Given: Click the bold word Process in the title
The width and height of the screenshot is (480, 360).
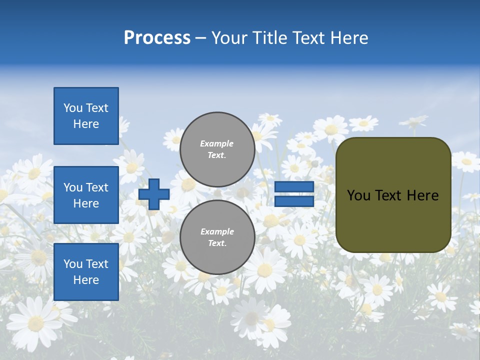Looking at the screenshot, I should pos(157,38).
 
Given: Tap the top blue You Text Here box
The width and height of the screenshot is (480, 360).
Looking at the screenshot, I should pos(86,116).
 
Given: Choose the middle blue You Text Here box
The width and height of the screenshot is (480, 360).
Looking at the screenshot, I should pos(86,195).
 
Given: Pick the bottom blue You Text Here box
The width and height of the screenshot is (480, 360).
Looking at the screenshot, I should pos(86,272).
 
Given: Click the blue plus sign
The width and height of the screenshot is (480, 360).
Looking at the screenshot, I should pos(154,194).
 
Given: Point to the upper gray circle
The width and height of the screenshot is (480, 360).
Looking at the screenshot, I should pos(217,149).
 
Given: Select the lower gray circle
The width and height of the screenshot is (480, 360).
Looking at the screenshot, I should pos(217,237).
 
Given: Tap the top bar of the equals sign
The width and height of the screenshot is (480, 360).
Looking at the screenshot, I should pos(294,187).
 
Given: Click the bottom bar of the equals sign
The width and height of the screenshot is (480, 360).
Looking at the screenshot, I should pos(294,201).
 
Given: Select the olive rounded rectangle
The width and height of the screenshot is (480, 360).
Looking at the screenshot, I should pos(393,195).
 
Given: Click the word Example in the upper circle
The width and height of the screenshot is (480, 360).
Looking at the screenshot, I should pos(217,143).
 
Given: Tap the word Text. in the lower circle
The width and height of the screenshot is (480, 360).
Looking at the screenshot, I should pos(217,243).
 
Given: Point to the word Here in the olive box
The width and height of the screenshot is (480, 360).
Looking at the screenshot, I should pos(422,195).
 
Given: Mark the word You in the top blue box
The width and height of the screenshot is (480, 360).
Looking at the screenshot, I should pos(73,108).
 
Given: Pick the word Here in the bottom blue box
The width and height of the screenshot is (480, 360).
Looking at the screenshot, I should pos(86,280).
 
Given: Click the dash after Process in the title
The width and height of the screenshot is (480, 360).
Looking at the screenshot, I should pos(200,38).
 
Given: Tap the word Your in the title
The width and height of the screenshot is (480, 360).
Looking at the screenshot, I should pos(229,38).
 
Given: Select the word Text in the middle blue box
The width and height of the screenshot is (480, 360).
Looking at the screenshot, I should pos(97,187).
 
